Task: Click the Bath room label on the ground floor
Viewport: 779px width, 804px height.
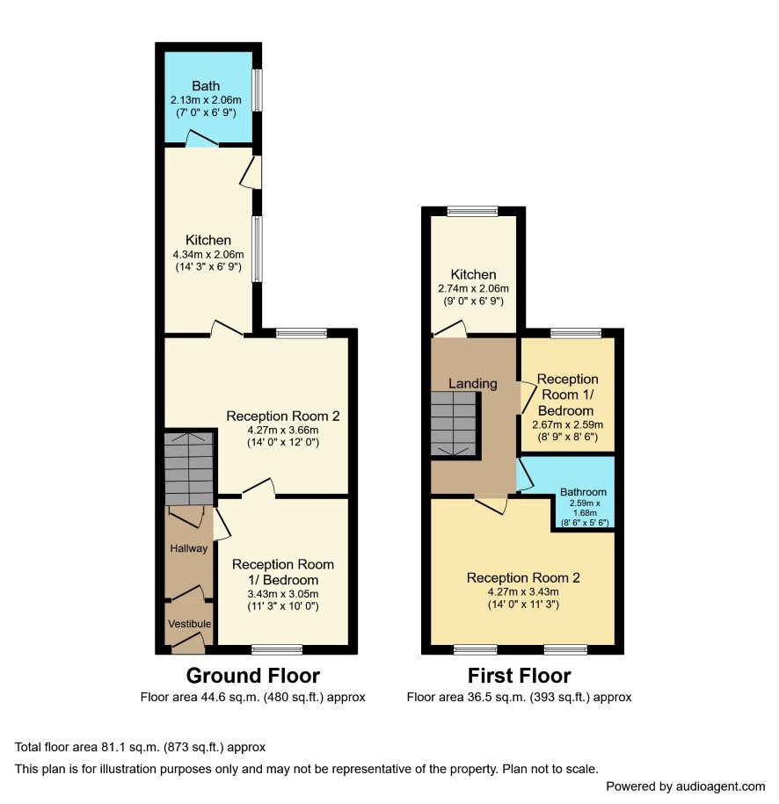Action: [x=206, y=85]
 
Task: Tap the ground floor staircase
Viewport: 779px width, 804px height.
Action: [x=189, y=468]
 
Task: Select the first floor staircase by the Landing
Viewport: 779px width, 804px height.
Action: [x=454, y=424]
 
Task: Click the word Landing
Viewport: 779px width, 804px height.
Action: [x=473, y=384]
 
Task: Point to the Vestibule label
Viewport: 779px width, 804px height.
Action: [x=189, y=624]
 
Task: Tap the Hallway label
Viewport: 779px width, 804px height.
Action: [x=189, y=548]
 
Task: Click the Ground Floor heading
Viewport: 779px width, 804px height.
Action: [x=253, y=676]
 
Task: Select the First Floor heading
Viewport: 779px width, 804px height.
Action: [x=520, y=676]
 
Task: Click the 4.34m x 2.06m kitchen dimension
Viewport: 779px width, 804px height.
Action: [x=208, y=254]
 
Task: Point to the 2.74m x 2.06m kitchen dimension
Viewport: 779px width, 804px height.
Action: [x=473, y=289]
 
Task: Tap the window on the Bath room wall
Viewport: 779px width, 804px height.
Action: [x=257, y=91]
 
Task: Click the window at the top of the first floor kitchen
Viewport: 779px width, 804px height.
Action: [x=472, y=211]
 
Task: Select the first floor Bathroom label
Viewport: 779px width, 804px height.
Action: [x=583, y=492]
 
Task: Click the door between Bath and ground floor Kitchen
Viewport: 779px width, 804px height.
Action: [x=201, y=140]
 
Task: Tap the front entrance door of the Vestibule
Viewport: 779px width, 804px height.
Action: [x=188, y=643]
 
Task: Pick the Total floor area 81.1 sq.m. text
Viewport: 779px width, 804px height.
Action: [x=140, y=747]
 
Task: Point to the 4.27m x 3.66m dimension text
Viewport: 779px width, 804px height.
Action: [x=283, y=431]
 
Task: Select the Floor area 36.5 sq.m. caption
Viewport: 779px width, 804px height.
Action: [x=519, y=698]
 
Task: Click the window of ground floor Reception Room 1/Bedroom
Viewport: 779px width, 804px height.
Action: [x=277, y=649]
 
